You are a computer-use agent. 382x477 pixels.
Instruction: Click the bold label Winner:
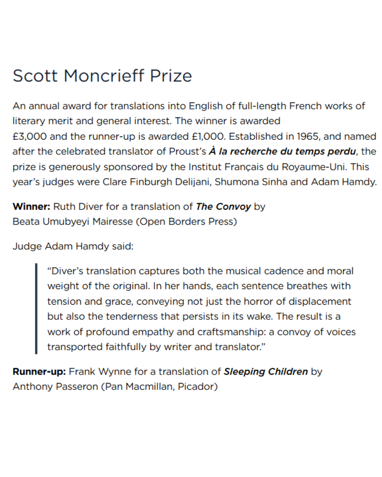(31, 207)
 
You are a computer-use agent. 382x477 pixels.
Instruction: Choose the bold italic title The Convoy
(223, 207)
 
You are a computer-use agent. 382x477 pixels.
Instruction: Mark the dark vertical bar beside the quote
(36, 308)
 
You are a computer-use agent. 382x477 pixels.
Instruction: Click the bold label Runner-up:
(39, 372)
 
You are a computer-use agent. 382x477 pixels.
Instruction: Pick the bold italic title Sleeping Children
(266, 372)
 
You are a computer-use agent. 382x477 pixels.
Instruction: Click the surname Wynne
(115, 372)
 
